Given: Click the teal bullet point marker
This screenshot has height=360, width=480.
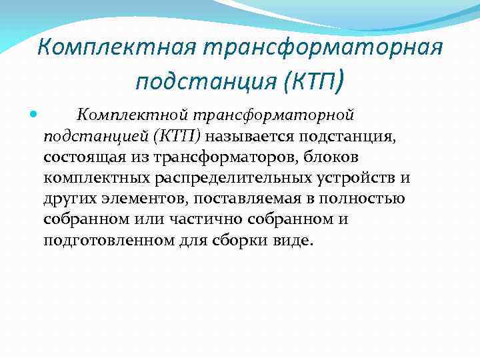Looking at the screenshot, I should (35, 117).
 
